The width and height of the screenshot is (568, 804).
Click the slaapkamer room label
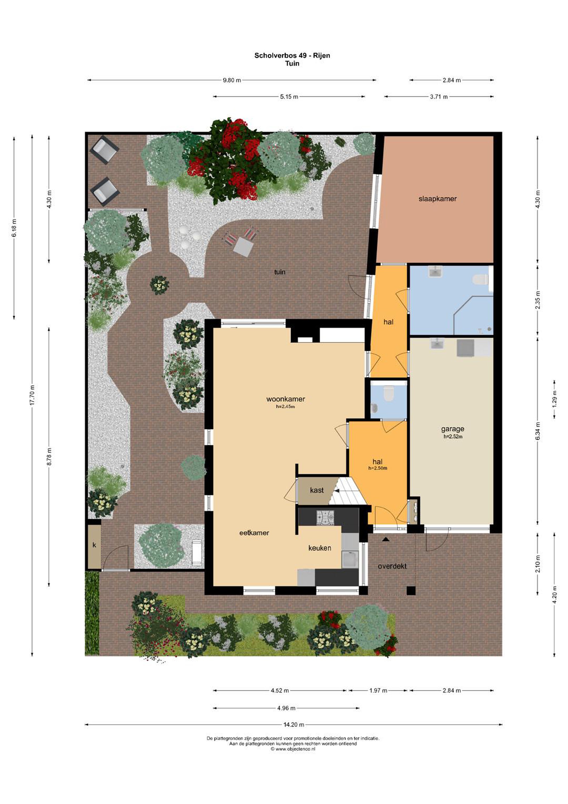tap(437, 199)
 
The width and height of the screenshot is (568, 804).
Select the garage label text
tap(453, 429)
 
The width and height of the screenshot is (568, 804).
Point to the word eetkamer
tap(254, 533)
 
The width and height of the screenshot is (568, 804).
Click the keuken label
tap(319, 548)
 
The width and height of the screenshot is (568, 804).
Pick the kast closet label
tap(317, 490)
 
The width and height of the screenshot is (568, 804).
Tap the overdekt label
tap(392, 566)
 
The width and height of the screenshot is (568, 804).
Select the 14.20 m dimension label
tap(293, 724)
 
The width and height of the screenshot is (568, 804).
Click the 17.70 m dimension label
tap(32, 395)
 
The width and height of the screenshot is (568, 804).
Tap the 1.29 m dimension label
tap(554, 399)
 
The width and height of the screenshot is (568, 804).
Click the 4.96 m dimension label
tap(286, 708)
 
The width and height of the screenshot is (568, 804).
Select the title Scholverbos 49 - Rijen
tap(292, 55)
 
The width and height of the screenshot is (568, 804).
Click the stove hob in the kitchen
tap(325, 518)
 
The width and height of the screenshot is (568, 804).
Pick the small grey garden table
tap(243, 247)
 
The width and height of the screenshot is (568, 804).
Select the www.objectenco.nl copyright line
tap(293, 749)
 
